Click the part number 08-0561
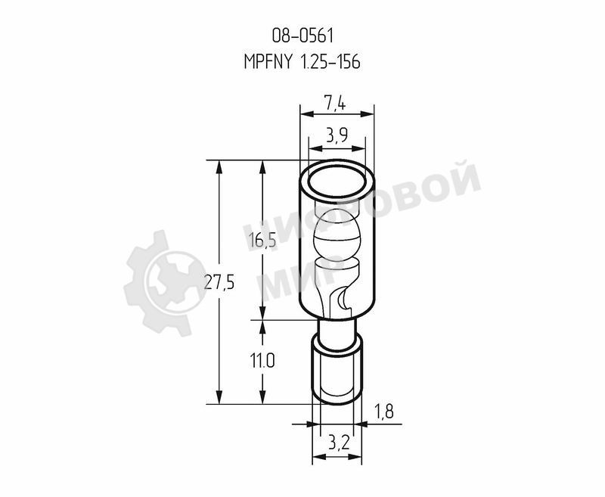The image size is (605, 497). coord(302,36)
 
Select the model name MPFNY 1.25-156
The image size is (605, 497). coord(302,62)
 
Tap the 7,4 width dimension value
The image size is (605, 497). coord(334,104)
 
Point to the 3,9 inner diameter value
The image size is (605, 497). coord(337,135)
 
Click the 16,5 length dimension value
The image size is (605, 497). coord(262,241)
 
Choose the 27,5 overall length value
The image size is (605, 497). coord(219,283)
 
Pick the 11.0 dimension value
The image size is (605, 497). coord(262,362)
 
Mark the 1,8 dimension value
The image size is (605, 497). coord(383,412)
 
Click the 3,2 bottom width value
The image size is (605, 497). coord(339,443)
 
